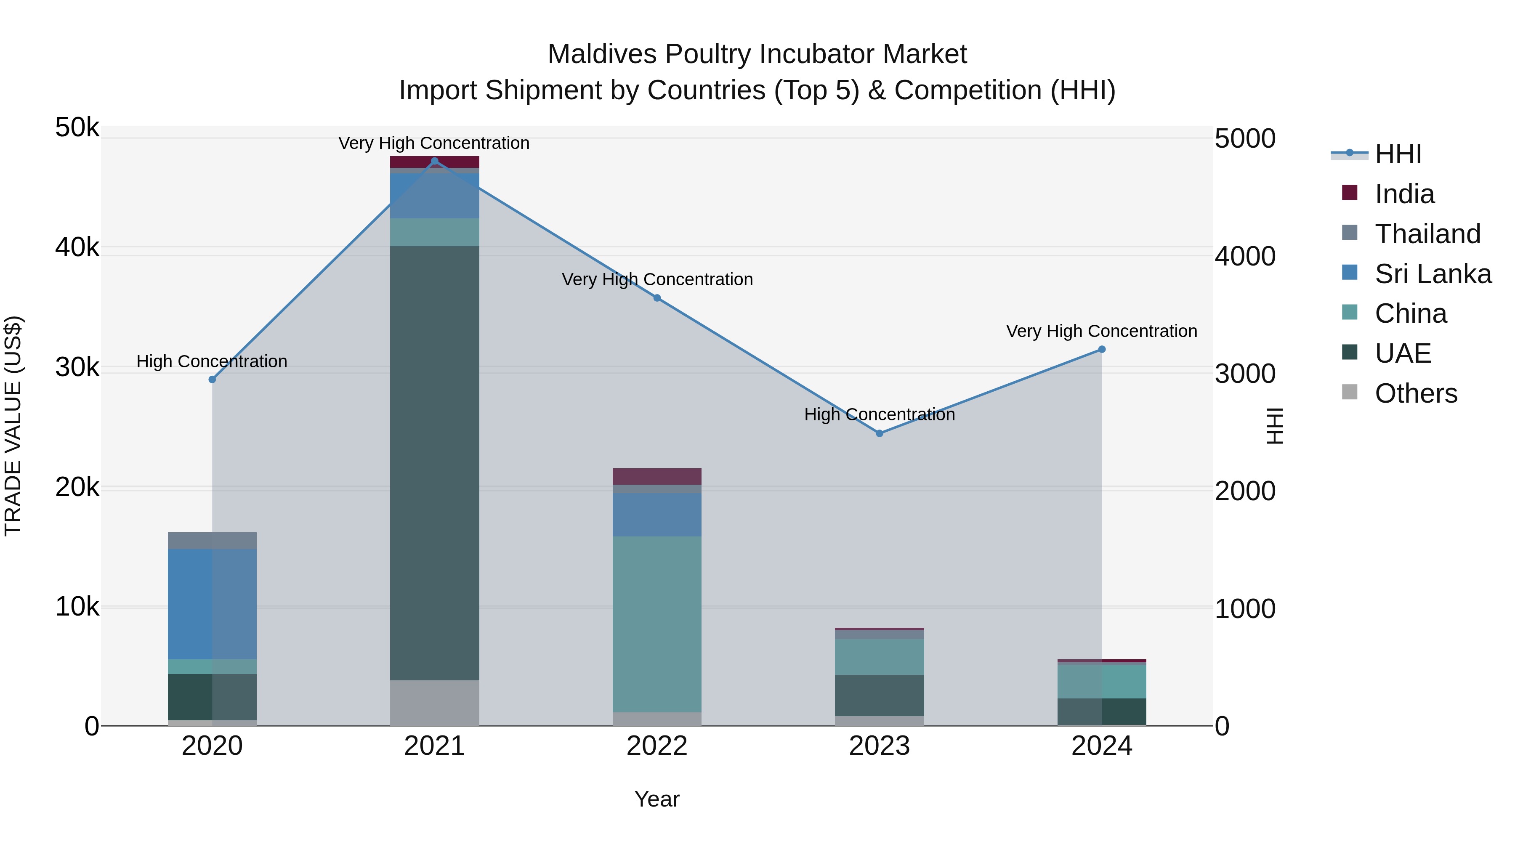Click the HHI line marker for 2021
click(x=435, y=161)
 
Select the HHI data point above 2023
click(x=879, y=433)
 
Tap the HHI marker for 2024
click(x=1102, y=349)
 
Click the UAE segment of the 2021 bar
click(x=435, y=463)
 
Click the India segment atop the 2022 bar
click(x=657, y=476)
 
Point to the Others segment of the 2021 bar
click(x=435, y=703)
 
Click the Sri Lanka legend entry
click(x=1433, y=274)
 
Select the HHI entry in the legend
click(x=1398, y=154)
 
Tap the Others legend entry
click(x=1416, y=393)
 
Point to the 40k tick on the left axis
click(x=77, y=247)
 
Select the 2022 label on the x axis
click(x=657, y=746)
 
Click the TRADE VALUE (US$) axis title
click(x=13, y=426)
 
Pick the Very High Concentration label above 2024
click(x=1102, y=331)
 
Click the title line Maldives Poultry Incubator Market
click(x=757, y=54)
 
